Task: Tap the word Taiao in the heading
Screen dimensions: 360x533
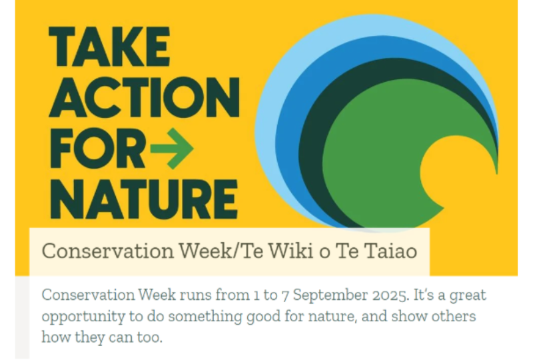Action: point(392,251)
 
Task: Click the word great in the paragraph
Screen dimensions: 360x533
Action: point(468,295)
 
